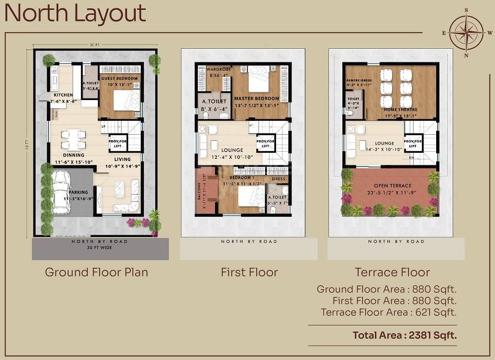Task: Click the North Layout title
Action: pos(75,14)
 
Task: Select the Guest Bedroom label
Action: pos(120,77)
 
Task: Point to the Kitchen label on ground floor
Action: pos(63,95)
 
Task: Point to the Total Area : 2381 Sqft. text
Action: pos(405,334)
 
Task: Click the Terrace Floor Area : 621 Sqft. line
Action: pos(389,312)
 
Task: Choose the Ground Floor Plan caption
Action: pos(96,272)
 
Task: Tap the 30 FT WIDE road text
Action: pos(100,247)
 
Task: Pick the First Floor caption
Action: pos(249,272)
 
